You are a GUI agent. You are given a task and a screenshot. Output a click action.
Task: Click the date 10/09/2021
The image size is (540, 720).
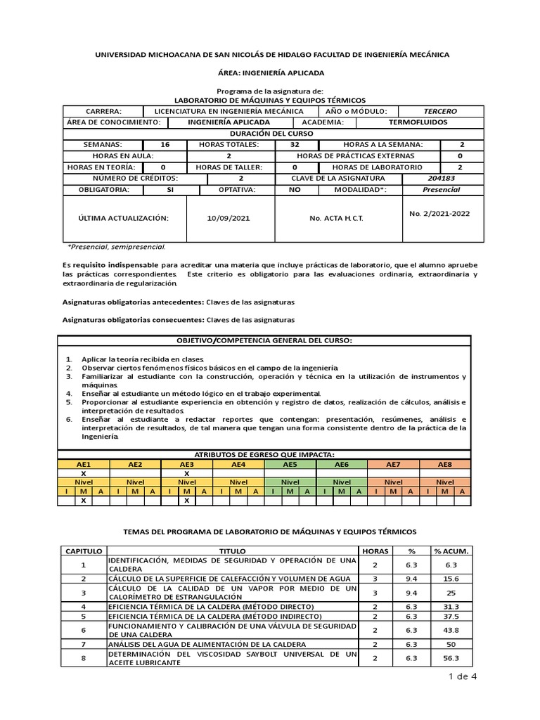pyautogui.click(x=229, y=219)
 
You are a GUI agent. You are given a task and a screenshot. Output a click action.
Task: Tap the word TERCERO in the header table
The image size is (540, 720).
pyautogui.click(x=440, y=111)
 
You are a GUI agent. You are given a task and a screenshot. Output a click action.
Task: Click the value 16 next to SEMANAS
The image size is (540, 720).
pyautogui.click(x=165, y=145)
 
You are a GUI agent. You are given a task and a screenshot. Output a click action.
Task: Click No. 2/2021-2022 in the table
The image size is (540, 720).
pyautogui.click(x=440, y=213)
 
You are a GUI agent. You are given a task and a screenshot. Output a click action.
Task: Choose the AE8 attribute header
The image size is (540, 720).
pyautogui.click(x=445, y=465)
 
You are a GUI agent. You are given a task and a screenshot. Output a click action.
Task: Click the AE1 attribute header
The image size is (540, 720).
pyautogui.click(x=84, y=465)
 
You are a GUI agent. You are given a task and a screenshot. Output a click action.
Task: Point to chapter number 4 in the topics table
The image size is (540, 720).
pyautogui.click(x=84, y=606)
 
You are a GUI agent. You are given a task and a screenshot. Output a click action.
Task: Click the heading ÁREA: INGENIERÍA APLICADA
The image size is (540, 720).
pyautogui.click(x=270, y=72)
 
